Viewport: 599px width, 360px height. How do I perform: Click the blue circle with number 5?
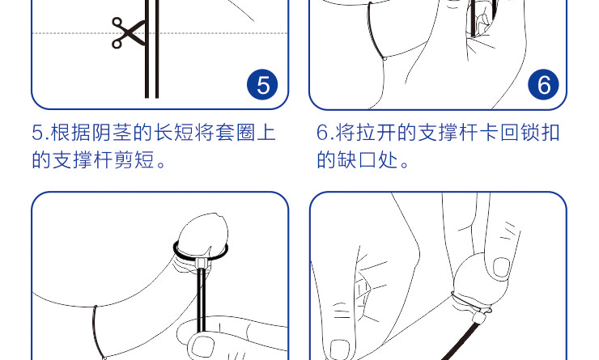(262, 84)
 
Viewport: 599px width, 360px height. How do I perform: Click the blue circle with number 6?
(543, 84)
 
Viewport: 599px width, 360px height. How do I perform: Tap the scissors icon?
(128, 33)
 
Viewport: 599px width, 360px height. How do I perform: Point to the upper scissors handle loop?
(117, 22)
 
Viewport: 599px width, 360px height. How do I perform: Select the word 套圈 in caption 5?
(235, 133)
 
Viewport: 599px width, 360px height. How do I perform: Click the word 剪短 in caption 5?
(134, 159)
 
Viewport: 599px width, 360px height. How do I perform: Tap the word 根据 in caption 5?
(70, 133)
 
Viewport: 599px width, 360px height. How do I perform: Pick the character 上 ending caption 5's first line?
(266, 133)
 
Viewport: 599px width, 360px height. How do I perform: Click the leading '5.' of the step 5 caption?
(40, 133)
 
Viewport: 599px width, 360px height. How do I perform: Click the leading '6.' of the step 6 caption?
(325, 133)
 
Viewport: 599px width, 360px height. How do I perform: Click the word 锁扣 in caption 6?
(540, 133)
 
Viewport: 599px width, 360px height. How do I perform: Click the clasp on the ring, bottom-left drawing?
(201, 264)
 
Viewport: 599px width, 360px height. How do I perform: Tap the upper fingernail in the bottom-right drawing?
(501, 267)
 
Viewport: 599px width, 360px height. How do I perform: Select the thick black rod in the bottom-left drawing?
(202, 300)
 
